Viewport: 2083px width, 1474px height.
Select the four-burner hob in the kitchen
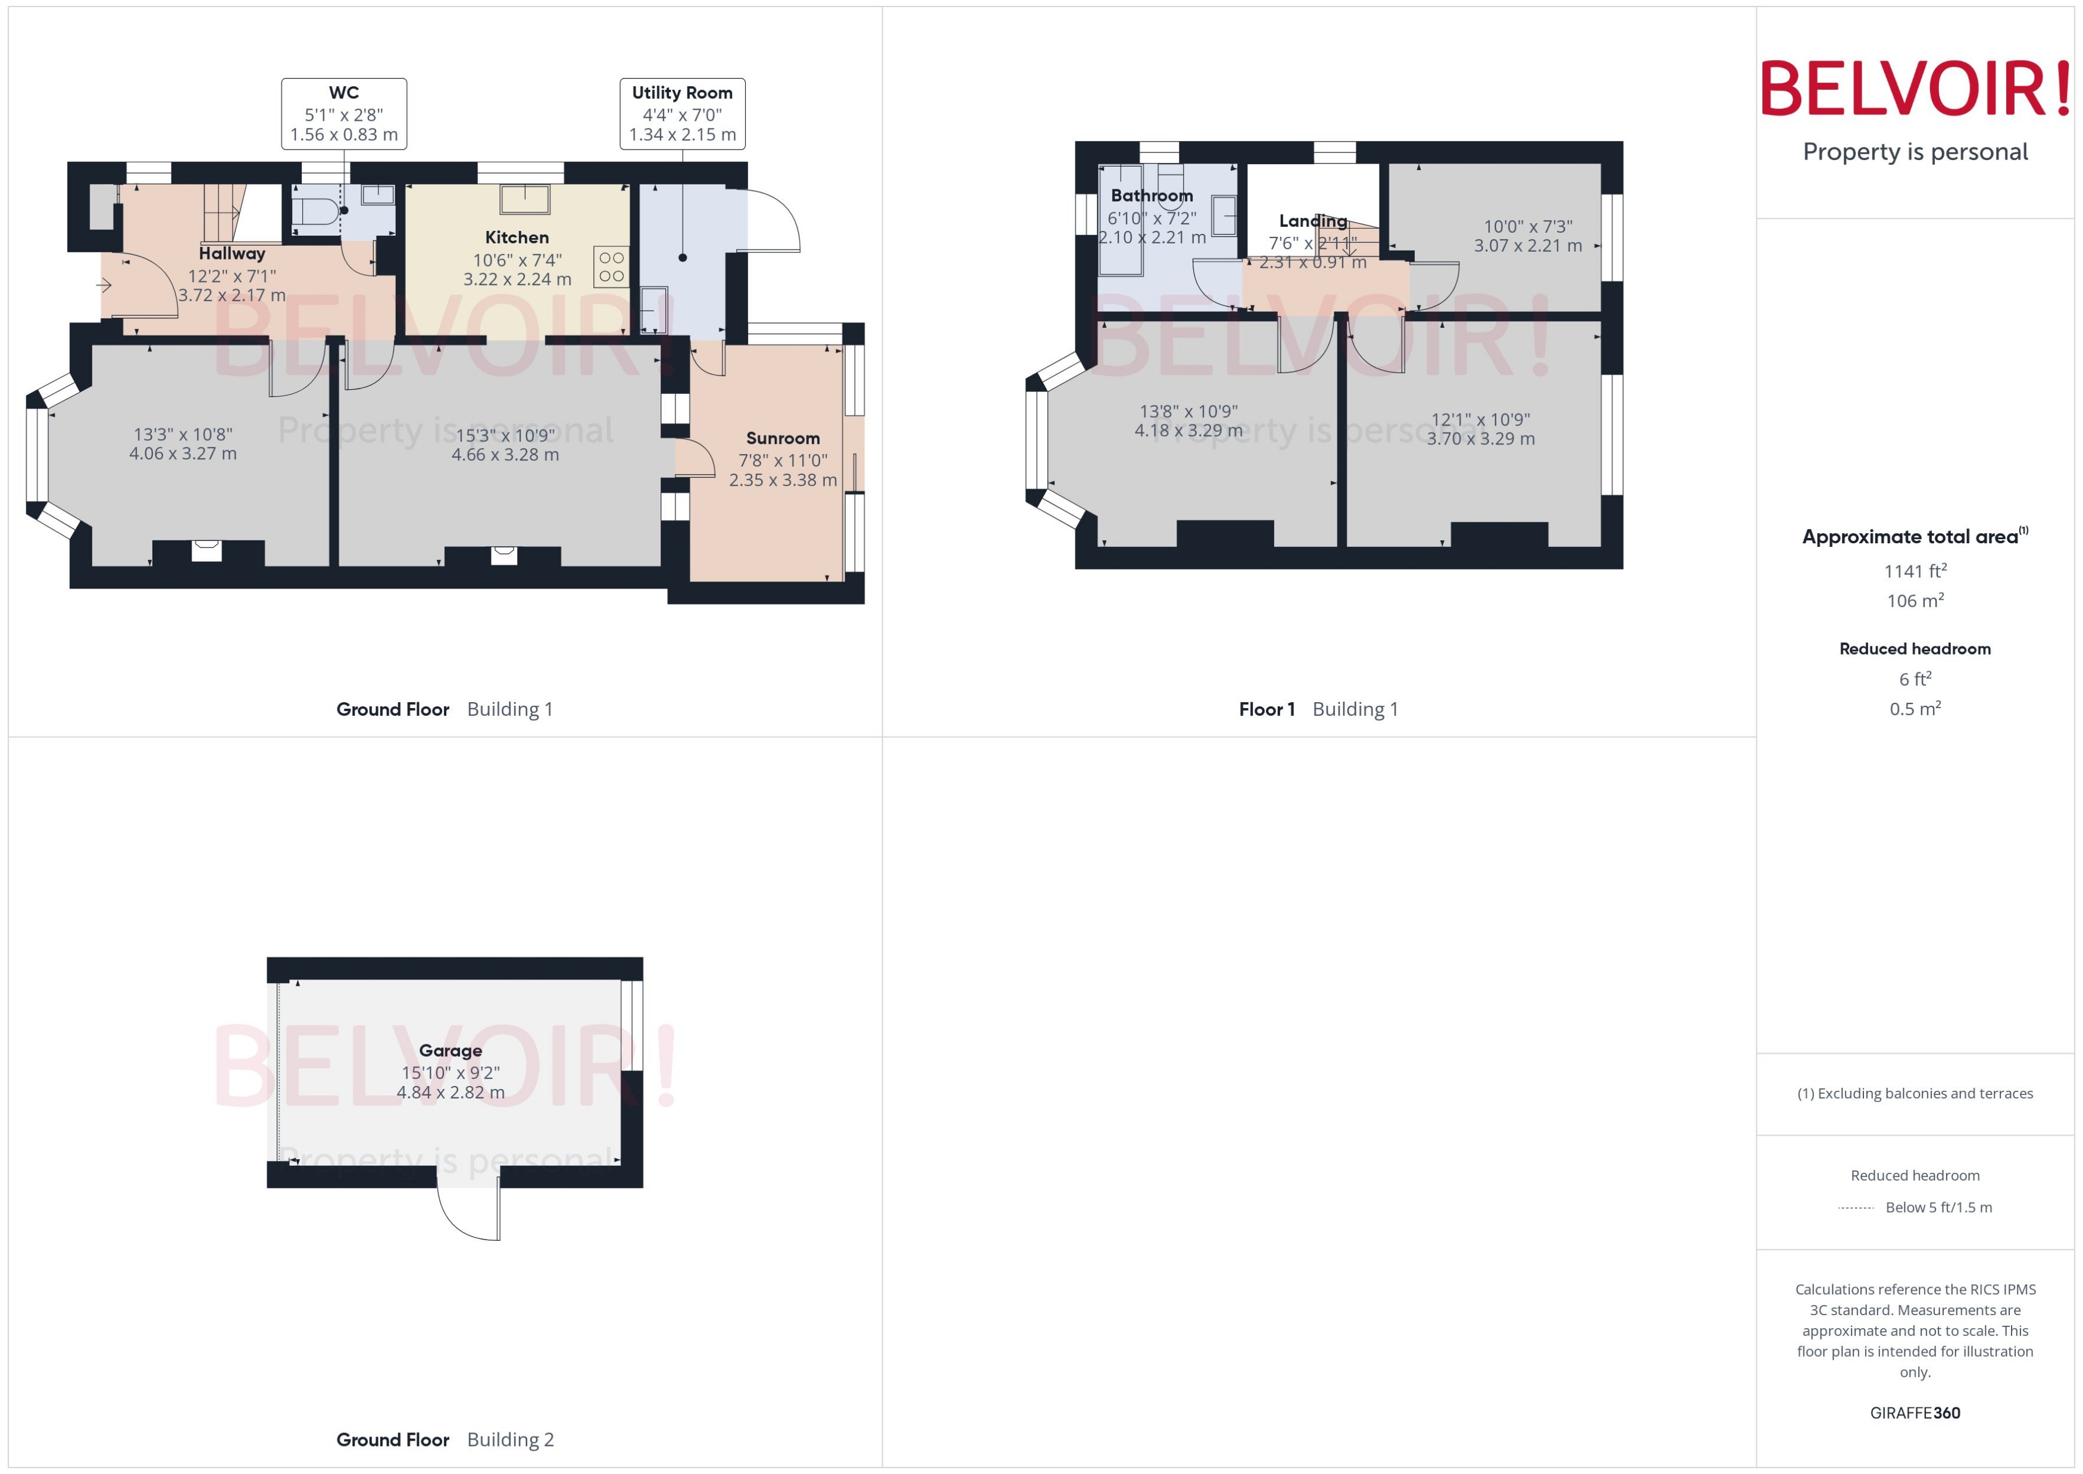click(x=611, y=267)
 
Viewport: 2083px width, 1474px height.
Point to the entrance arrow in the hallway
click(x=104, y=286)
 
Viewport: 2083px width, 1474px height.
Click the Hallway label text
click(x=232, y=254)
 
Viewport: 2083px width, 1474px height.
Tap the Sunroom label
click(x=783, y=439)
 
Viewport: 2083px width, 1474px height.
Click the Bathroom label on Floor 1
click(x=1152, y=196)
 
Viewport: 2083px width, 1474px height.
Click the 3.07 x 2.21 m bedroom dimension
click(x=1528, y=246)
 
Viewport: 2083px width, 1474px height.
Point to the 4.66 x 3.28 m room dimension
click(x=505, y=455)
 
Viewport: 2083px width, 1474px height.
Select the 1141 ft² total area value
click(x=1915, y=571)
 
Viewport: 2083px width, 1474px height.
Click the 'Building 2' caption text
click(x=510, y=1439)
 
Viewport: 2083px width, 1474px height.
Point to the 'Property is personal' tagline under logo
click(x=1915, y=152)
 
